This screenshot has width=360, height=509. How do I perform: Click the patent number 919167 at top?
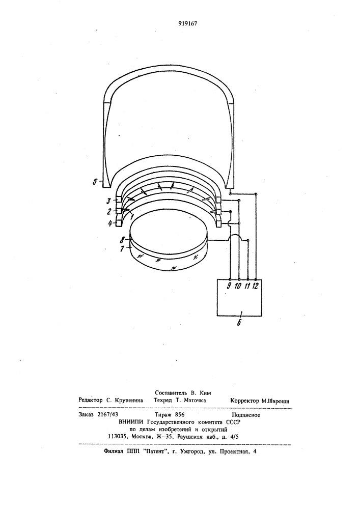pos(188,23)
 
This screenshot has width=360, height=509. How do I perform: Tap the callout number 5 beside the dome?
pos(95,182)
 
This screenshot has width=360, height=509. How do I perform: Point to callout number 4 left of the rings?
pos(110,223)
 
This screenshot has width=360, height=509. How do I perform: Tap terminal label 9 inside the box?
pos(230,286)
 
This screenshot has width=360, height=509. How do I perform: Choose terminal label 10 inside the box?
pos(238,286)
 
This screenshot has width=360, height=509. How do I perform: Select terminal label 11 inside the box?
pos(247,286)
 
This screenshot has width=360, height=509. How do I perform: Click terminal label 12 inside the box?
pos(256,286)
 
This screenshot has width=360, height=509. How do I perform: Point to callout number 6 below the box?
pos(239,323)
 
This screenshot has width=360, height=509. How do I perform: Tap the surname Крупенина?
pos(129,401)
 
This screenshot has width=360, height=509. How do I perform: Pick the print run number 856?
pos(180,414)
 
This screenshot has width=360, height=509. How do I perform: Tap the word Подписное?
pos(246,415)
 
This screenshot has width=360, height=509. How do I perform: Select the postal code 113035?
pos(118,437)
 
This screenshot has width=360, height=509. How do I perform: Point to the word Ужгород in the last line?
pos(192,451)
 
